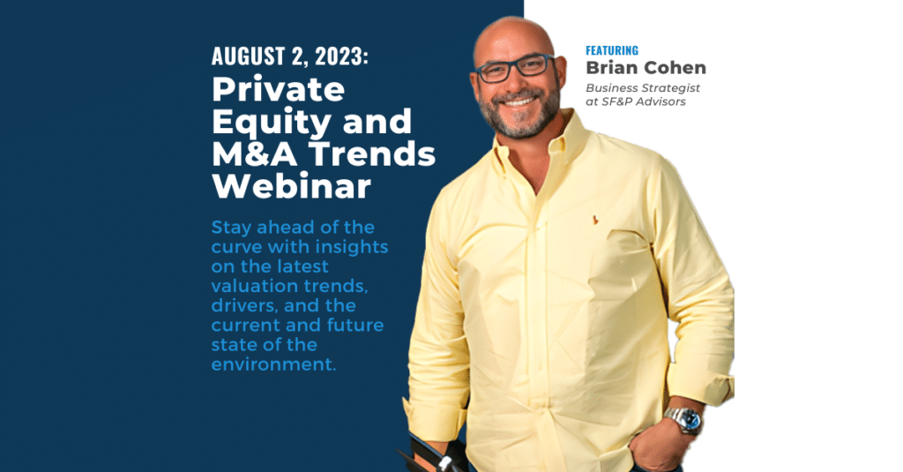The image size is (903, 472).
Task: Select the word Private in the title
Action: [x=278, y=89]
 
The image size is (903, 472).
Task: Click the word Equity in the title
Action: [x=264, y=122]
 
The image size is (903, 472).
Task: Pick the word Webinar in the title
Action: [x=291, y=187]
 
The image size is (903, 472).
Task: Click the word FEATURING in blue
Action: [x=611, y=50]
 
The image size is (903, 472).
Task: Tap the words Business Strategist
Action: [x=643, y=88]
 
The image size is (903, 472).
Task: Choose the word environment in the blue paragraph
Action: [x=273, y=363]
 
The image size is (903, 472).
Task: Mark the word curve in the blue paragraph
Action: [x=241, y=246]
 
